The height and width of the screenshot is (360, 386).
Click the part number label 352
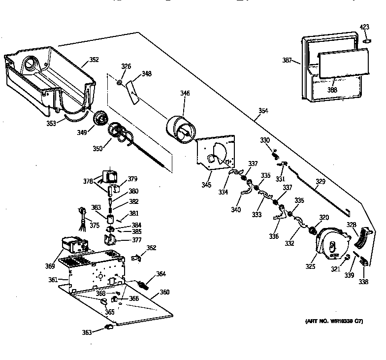[x=94, y=60]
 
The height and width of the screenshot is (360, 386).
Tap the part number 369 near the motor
[x=50, y=266]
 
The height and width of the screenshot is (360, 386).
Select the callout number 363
[x=87, y=333]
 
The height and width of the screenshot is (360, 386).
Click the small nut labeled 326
[x=120, y=82]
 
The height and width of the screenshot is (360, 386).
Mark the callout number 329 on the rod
[x=321, y=182]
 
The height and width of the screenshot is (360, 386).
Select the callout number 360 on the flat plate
[x=164, y=292]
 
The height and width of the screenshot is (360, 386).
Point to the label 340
[x=236, y=210]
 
